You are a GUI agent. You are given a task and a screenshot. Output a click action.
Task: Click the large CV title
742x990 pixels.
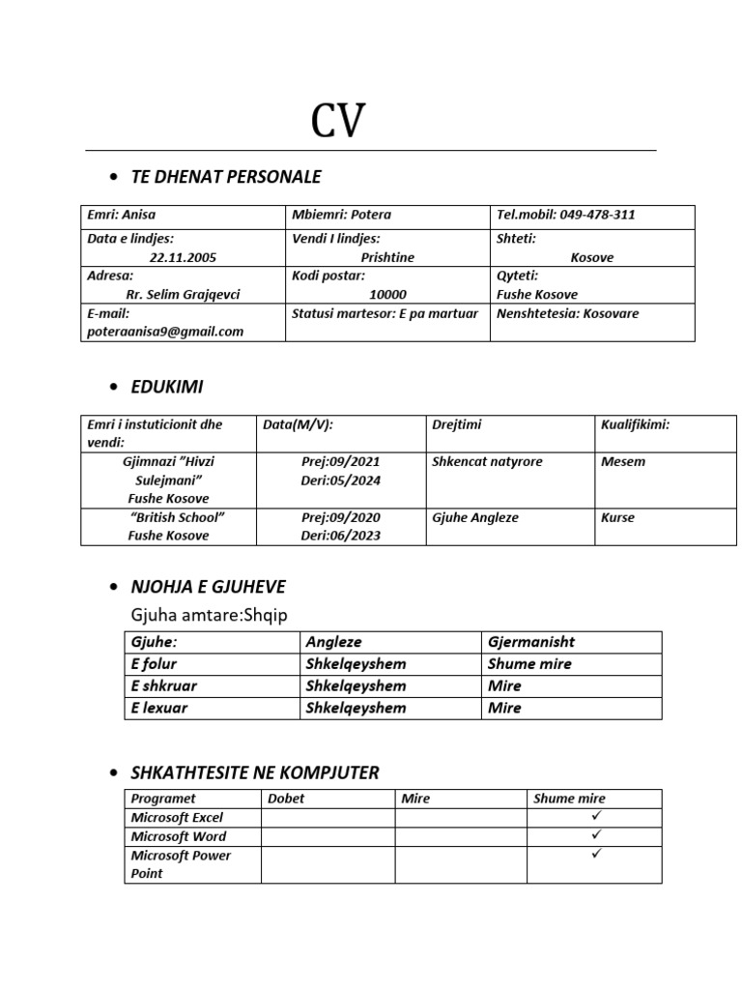pyautogui.click(x=338, y=122)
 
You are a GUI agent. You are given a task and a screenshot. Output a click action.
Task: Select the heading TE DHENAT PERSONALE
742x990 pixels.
pyautogui.click(x=226, y=177)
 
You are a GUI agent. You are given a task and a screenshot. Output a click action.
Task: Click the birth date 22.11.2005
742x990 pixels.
pyautogui.click(x=184, y=257)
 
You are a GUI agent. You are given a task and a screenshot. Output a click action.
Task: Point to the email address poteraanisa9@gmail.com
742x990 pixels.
pyautogui.click(x=165, y=331)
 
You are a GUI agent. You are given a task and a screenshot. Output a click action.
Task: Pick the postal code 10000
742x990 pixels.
pyautogui.click(x=387, y=294)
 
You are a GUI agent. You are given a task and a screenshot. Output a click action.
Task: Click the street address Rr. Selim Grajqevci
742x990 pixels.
pyautogui.click(x=184, y=294)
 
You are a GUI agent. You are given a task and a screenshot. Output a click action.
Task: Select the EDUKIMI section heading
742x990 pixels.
pyautogui.click(x=167, y=387)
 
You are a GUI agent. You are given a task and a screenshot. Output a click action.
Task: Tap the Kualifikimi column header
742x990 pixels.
pyautogui.click(x=635, y=424)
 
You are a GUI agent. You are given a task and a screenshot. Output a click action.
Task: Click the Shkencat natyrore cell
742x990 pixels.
pyautogui.click(x=487, y=461)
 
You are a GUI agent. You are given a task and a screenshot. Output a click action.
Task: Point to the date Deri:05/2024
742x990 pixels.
pyautogui.click(x=340, y=480)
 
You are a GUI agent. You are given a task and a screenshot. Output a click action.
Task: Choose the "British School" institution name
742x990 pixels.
pyautogui.click(x=177, y=517)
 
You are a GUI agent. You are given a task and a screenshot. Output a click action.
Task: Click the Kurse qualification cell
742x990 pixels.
pyautogui.click(x=617, y=517)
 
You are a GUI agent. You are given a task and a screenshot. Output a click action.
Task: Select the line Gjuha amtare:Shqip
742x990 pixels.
pyautogui.click(x=210, y=616)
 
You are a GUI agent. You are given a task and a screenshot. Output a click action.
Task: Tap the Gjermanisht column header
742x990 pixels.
pyautogui.click(x=531, y=642)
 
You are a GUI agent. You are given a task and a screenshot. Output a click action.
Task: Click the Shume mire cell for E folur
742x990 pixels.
pyautogui.click(x=529, y=664)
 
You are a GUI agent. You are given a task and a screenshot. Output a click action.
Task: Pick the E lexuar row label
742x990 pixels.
pyautogui.click(x=159, y=708)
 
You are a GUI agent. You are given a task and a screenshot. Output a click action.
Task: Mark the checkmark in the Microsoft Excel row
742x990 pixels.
pyautogui.click(x=596, y=816)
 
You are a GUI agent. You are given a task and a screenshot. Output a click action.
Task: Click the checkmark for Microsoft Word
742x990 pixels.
pyautogui.click(x=596, y=834)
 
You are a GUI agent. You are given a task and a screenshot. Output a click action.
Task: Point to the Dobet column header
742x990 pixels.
pyautogui.click(x=286, y=799)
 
